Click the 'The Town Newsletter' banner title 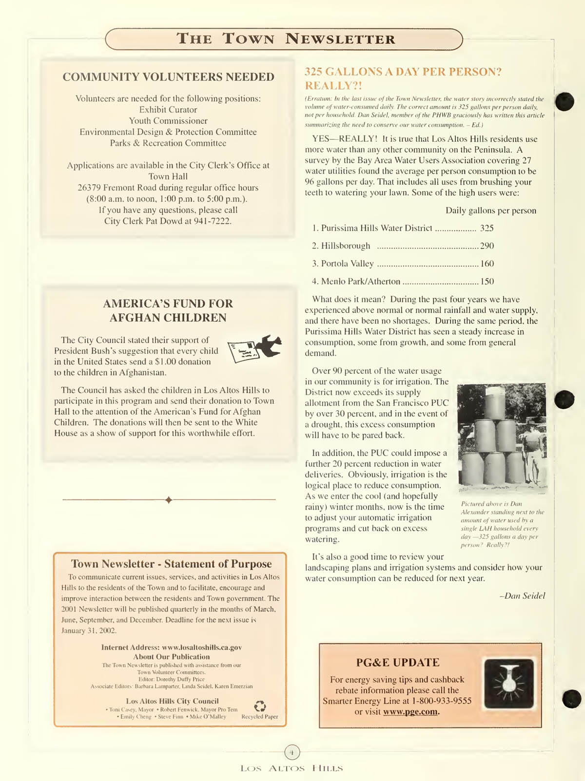click(x=285, y=39)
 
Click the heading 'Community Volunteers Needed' click(x=168, y=77)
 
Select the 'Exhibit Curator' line click(x=168, y=110)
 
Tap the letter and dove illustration click(x=254, y=348)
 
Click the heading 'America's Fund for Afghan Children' click(x=168, y=310)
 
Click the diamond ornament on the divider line click(x=169, y=500)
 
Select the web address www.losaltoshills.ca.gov click(x=201, y=648)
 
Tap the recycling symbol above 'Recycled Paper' click(x=260, y=706)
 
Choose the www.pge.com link click(x=410, y=712)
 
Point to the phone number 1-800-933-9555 click(x=442, y=701)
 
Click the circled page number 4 click(x=292, y=752)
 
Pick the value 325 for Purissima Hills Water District click(x=487, y=228)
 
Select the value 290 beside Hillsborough click(x=487, y=246)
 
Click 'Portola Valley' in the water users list click(x=347, y=264)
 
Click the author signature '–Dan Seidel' click(x=522, y=596)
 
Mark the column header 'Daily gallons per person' click(x=490, y=210)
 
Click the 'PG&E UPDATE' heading click(x=397, y=663)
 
